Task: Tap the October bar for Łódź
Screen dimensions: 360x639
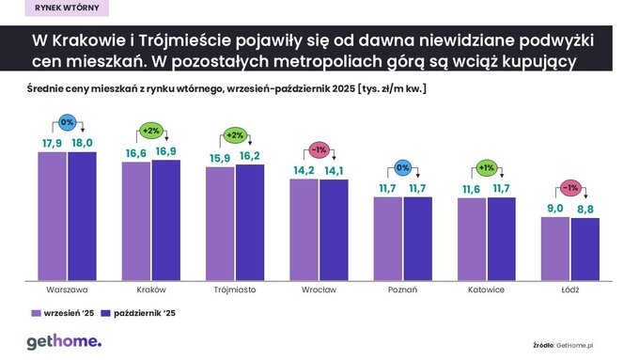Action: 584,248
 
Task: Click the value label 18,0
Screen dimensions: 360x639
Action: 82,142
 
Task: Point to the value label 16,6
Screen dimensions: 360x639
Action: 135,152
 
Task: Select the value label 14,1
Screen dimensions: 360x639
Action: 334,170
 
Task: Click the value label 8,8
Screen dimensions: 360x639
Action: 584,210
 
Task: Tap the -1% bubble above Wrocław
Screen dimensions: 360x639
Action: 319,149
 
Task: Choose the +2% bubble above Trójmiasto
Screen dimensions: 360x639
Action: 235,133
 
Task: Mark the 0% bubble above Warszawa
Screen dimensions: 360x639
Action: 67,122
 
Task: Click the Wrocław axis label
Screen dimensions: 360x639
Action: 319,290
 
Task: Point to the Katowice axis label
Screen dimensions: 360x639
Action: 486,290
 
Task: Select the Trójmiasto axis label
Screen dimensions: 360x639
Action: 235,290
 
